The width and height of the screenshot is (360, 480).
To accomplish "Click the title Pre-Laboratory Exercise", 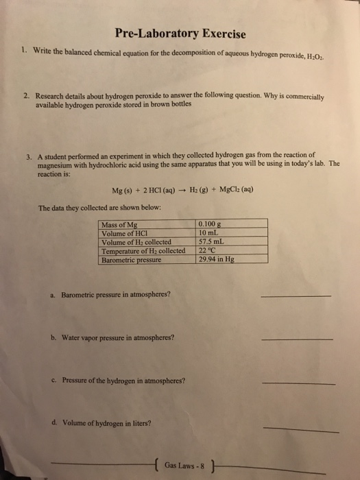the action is (x=180, y=34).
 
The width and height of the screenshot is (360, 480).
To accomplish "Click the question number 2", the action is (x=23, y=97).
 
